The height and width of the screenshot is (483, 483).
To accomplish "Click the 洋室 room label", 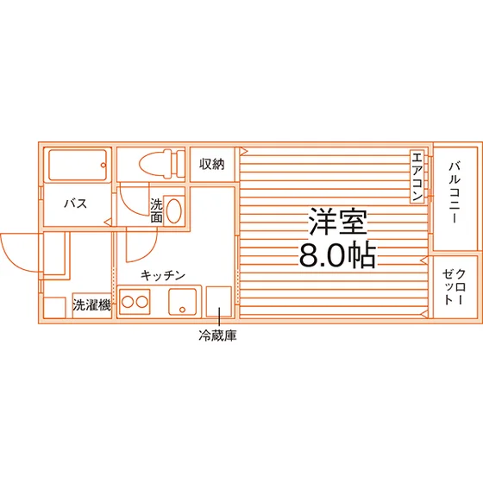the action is (338, 222).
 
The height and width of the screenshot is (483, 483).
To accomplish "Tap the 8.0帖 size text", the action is (338, 255).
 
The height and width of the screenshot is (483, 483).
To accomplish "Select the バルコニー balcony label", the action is (455, 192).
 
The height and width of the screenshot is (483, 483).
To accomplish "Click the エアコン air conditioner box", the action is (417, 177).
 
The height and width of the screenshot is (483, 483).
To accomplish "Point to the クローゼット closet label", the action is (455, 286).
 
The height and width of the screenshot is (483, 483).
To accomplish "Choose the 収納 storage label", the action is (212, 164).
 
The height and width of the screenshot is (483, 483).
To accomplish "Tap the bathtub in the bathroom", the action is (78, 165).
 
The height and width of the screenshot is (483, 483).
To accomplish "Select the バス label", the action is (76, 204).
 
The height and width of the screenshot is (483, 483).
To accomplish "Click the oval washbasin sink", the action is (173, 211).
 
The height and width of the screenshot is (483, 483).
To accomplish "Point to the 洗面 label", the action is (156, 210).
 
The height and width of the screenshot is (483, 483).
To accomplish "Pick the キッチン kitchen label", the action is (163, 275).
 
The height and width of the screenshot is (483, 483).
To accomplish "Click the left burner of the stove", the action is (128, 302).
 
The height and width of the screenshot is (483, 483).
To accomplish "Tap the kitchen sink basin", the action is (182, 302).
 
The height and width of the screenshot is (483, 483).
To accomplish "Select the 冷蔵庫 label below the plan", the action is (217, 336).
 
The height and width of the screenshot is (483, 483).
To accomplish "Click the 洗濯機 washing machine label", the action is (91, 305).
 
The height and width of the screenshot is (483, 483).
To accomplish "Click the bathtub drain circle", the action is (103, 165).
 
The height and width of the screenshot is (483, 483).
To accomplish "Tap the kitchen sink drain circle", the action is (182, 310).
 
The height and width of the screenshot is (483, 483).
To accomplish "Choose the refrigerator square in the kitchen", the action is (219, 302).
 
